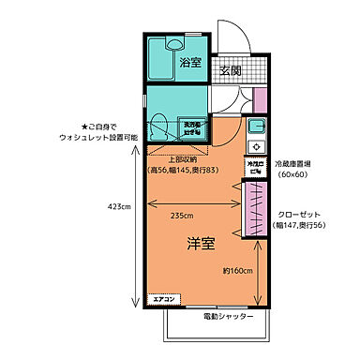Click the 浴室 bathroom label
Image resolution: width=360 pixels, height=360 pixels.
pyautogui.click(x=190, y=64)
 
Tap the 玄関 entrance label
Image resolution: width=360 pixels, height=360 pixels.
pyautogui.click(x=231, y=71)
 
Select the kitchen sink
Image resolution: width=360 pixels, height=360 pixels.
pyautogui.click(x=257, y=127)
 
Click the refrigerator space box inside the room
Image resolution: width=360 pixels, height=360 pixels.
pyautogui.click(x=253, y=168)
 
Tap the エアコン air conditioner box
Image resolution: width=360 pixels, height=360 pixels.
pyautogui.click(x=166, y=300)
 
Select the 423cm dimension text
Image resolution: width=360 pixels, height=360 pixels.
pyautogui.click(x=119, y=207)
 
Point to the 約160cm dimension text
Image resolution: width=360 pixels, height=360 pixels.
pyautogui.click(x=238, y=271)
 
